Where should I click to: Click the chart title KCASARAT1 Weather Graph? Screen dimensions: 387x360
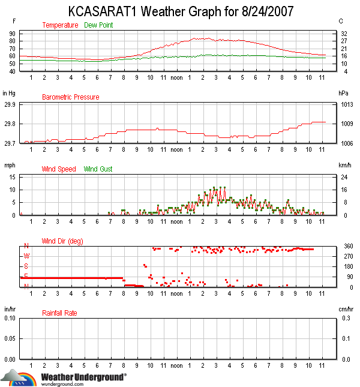(x=179, y=11)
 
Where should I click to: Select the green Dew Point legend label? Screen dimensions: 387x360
(x=98, y=25)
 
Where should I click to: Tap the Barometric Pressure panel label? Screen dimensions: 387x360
(x=70, y=97)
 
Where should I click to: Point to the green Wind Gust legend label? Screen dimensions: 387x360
(x=98, y=169)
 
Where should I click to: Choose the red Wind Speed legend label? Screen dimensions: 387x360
(x=59, y=169)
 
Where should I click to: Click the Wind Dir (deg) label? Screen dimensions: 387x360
(x=62, y=241)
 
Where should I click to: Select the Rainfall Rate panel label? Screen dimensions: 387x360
(x=59, y=313)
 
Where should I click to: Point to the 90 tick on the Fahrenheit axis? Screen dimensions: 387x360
(x=12, y=34)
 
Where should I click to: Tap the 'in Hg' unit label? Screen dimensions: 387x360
(x=8, y=94)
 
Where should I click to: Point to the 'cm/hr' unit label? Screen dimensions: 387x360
(x=344, y=309)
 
